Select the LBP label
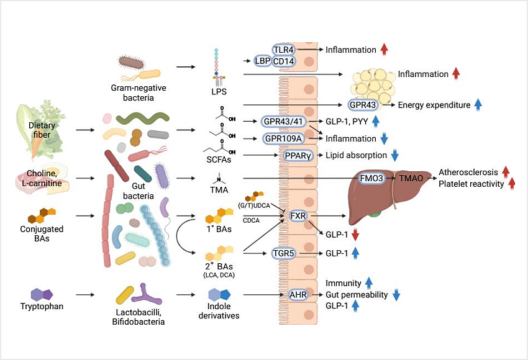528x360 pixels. point(262,61)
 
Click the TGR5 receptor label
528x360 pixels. point(286,253)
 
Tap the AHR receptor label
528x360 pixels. point(299,295)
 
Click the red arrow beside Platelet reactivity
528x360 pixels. point(513,184)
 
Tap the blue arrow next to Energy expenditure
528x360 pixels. point(478,105)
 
